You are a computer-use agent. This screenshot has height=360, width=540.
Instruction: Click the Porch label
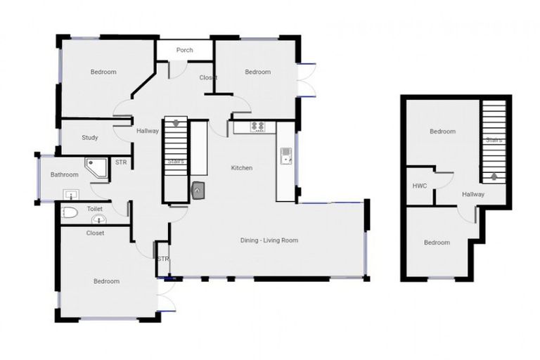point(185,50)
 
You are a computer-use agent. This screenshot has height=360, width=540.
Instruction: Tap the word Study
point(89,138)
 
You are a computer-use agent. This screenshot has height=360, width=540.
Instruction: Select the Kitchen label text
point(242,168)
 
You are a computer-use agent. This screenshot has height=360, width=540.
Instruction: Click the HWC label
point(420,186)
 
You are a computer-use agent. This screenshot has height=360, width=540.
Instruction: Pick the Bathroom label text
point(64,174)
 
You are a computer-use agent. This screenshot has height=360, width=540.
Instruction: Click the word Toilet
point(94,209)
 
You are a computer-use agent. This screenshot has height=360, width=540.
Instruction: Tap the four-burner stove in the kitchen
point(257,127)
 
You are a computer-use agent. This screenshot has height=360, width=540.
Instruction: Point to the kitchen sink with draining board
point(286,155)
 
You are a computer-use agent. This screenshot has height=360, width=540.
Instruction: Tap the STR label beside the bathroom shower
point(121,163)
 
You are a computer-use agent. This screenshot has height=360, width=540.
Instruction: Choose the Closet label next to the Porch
point(207,77)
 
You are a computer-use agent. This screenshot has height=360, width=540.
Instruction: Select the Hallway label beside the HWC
point(473,194)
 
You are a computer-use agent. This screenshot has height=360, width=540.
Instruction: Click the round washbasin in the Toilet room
point(98,219)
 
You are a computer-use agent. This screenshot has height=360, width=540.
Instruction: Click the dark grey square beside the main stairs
point(198,188)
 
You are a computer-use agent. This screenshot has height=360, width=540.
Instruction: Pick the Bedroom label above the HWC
point(442,131)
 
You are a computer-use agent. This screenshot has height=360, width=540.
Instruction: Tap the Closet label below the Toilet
point(95,233)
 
